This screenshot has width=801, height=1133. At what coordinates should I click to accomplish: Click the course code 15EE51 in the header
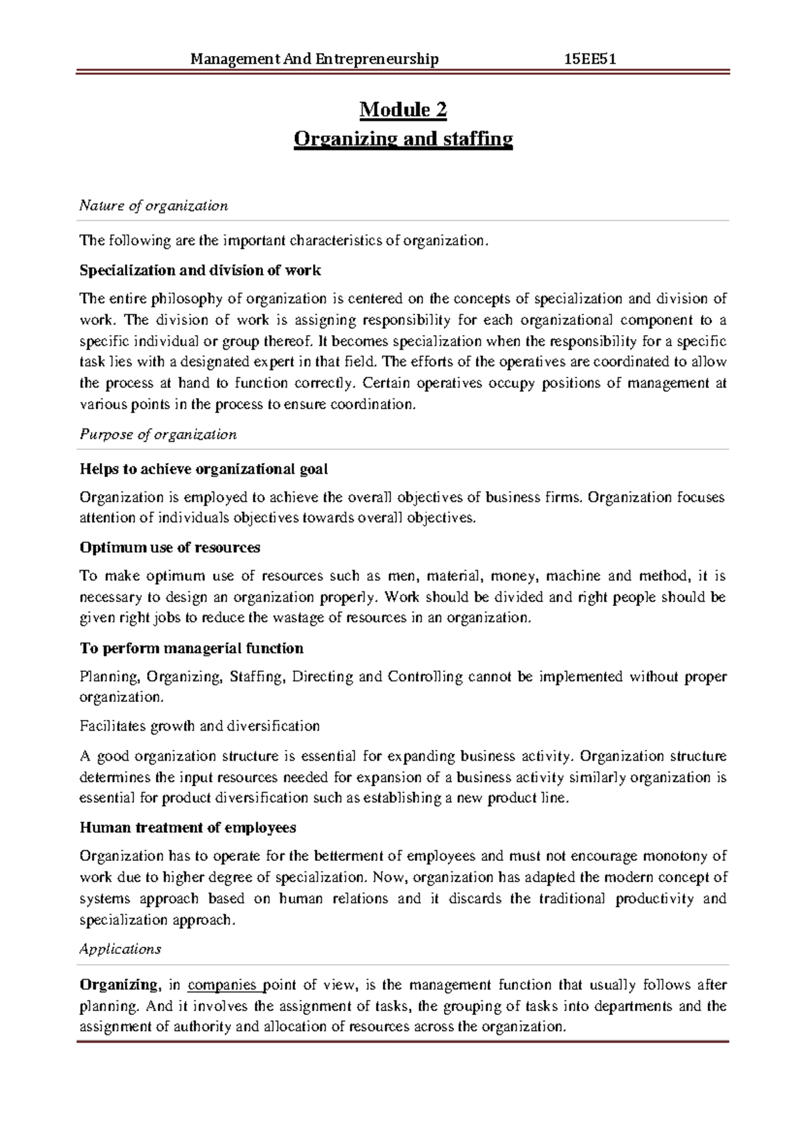589,59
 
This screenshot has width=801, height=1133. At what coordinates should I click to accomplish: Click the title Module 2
403,109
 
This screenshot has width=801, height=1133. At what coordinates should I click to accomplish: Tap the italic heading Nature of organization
154,206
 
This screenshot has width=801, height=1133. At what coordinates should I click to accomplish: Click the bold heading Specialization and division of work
200,270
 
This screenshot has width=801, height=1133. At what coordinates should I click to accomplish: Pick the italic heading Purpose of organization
158,434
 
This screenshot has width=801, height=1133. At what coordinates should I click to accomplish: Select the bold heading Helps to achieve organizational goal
204,469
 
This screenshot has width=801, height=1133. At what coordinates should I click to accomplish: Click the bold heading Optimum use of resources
170,548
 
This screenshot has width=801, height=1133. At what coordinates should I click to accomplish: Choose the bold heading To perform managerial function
191,649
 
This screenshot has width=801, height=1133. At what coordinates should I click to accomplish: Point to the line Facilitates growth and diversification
200,726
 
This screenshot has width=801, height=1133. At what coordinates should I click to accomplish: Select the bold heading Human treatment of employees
188,828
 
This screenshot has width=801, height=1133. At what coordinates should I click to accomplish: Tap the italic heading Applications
120,949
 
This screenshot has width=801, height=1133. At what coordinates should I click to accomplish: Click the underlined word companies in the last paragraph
223,985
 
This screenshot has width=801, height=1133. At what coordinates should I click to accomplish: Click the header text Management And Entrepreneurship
314,59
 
